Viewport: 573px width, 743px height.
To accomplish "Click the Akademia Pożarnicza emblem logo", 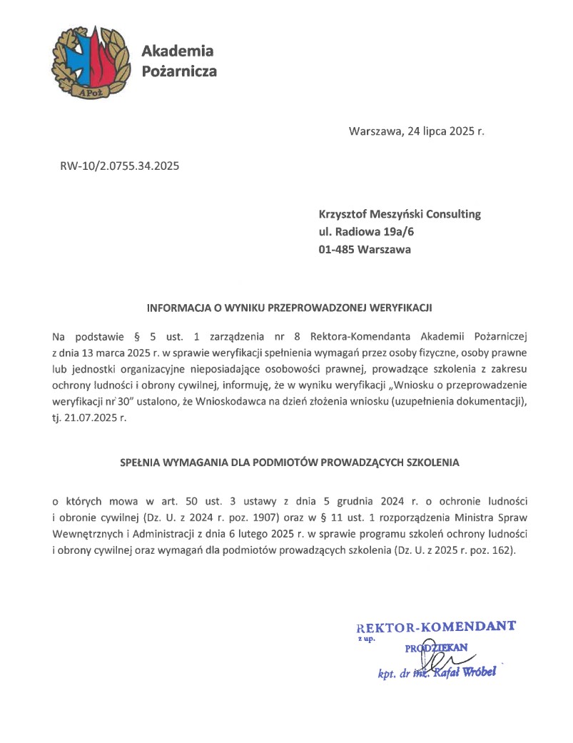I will click(90, 62).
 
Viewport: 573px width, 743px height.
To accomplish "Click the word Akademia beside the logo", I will click(178, 51).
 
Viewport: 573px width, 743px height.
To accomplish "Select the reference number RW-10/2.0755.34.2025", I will click(120, 167).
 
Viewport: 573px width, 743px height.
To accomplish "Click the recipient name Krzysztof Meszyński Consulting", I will click(400, 214).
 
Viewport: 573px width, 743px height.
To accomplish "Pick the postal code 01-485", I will click(337, 250).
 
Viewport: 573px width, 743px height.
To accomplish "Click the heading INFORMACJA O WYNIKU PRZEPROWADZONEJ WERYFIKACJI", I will click(290, 309).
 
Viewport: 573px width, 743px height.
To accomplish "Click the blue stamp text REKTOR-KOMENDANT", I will click(435, 628).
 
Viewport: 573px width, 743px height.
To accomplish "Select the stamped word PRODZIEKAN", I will click(435, 648).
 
